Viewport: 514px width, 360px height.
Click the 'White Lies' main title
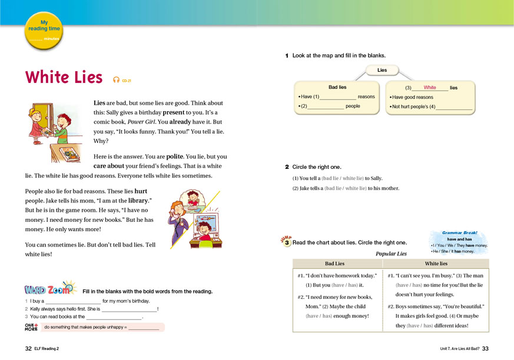(x=64, y=78)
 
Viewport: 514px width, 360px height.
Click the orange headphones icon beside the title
(x=116, y=79)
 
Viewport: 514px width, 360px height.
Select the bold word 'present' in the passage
(x=174, y=112)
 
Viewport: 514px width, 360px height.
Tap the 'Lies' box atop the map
(x=382, y=70)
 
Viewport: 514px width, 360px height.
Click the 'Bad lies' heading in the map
(x=337, y=87)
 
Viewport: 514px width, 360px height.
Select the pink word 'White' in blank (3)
(x=430, y=88)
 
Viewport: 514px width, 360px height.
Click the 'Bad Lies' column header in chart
(x=335, y=264)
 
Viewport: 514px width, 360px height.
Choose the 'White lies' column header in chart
(x=436, y=264)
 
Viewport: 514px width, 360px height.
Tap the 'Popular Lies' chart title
(x=391, y=254)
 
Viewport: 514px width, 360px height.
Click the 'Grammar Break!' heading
(x=460, y=232)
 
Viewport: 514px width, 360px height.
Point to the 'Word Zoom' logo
(x=50, y=289)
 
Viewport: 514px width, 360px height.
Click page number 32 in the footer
(x=28, y=349)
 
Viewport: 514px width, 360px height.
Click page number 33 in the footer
(x=485, y=349)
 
